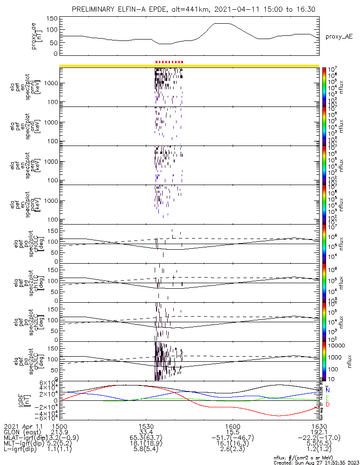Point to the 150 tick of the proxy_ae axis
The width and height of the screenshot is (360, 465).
52,19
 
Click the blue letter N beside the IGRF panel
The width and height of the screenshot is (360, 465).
328,390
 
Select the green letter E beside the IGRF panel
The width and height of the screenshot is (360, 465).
328,398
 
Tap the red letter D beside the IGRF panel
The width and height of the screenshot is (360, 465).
328,405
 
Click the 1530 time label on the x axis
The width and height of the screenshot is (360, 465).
146,426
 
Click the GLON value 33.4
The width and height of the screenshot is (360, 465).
146,432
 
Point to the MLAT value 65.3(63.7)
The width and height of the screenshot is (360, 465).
146,438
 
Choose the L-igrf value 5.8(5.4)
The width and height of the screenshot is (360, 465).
146,450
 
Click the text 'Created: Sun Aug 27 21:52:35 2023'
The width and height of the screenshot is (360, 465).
316,462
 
